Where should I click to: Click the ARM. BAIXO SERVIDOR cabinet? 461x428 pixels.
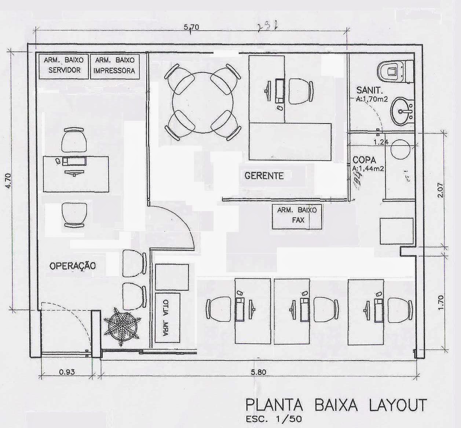[x=64, y=66]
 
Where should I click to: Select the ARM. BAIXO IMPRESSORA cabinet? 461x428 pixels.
[x=114, y=66]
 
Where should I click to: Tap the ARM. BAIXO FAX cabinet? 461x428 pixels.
[x=297, y=216]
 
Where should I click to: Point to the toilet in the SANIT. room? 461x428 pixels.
[x=394, y=71]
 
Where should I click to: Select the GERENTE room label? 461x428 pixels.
[x=264, y=176]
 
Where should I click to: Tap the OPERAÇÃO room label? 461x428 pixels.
[x=72, y=265]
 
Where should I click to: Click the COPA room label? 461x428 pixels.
[x=364, y=160]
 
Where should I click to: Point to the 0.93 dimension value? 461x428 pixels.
[x=67, y=372]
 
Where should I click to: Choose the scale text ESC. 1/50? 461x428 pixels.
[x=273, y=419]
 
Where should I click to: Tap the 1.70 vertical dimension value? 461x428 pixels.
[x=441, y=302]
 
